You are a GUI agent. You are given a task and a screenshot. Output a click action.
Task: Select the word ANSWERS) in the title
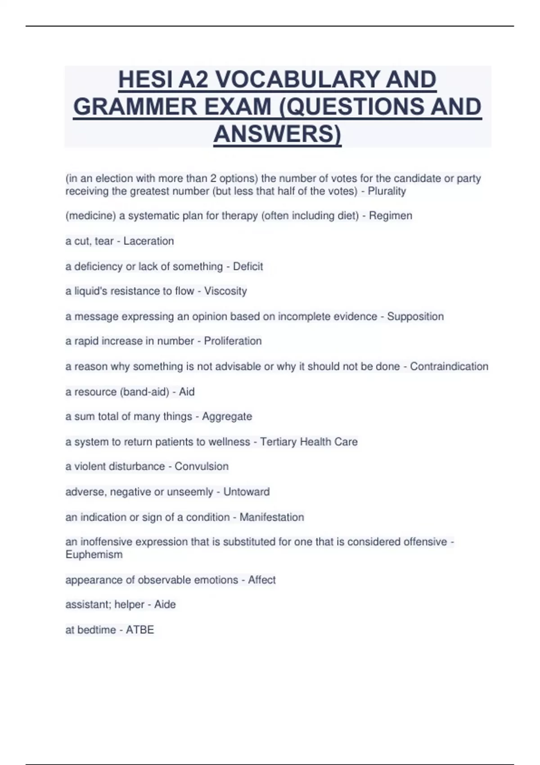277,134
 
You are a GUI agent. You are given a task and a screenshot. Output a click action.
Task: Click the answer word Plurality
387,191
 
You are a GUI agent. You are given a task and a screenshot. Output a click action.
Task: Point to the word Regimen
390,216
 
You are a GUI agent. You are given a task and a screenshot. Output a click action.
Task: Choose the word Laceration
148,241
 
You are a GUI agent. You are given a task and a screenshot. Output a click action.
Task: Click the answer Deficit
247,266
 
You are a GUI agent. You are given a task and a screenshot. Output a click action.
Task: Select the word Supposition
415,316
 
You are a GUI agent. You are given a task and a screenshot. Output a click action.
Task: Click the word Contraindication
449,366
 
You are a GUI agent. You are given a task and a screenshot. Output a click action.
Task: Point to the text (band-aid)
144,392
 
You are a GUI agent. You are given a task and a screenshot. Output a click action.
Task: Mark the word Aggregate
227,417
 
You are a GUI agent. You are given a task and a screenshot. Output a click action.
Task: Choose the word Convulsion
201,467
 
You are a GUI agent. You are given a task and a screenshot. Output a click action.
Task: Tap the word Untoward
246,492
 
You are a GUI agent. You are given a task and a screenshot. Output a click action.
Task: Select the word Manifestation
271,517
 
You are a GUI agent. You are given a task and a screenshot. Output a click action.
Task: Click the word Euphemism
94,555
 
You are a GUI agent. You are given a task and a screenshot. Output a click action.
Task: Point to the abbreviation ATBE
139,630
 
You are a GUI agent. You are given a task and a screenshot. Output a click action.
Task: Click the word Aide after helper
165,605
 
